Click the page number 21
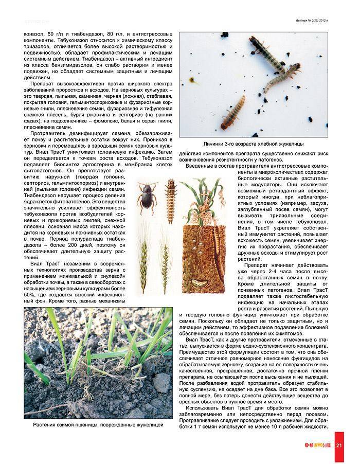[x=339, y=445]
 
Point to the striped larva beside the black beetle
[x=168, y=195]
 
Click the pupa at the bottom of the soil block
[x=197, y=282]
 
